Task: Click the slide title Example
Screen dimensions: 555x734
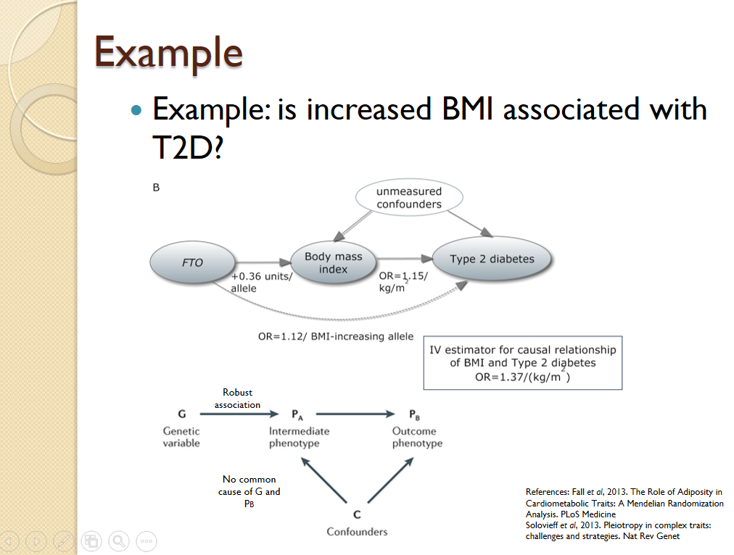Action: tap(168, 52)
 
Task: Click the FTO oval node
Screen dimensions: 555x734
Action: tap(192, 262)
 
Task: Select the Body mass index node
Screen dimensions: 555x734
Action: tap(333, 263)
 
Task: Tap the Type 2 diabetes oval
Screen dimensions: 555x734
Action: tap(491, 259)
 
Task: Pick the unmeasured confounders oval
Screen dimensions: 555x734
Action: tap(408, 198)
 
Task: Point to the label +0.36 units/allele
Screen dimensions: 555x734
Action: tap(261, 283)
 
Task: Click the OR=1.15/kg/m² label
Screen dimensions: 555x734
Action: tap(403, 283)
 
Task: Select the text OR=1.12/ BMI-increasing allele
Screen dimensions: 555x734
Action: tap(336, 337)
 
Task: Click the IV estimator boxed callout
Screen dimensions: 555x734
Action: tap(522, 362)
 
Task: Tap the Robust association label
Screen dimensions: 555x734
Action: tap(237, 398)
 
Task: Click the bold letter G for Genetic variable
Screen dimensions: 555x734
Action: tap(181, 414)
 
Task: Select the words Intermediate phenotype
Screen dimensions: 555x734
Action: tap(299, 437)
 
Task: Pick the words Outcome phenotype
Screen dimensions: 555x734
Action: tap(417, 437)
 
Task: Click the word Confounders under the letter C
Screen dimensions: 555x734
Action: tap(357, 532)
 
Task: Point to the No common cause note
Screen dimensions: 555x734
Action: tap(249, 491)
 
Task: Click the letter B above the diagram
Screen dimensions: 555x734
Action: tap(156, 188)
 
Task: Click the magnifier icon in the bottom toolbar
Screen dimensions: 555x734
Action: tap(118, 541)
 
